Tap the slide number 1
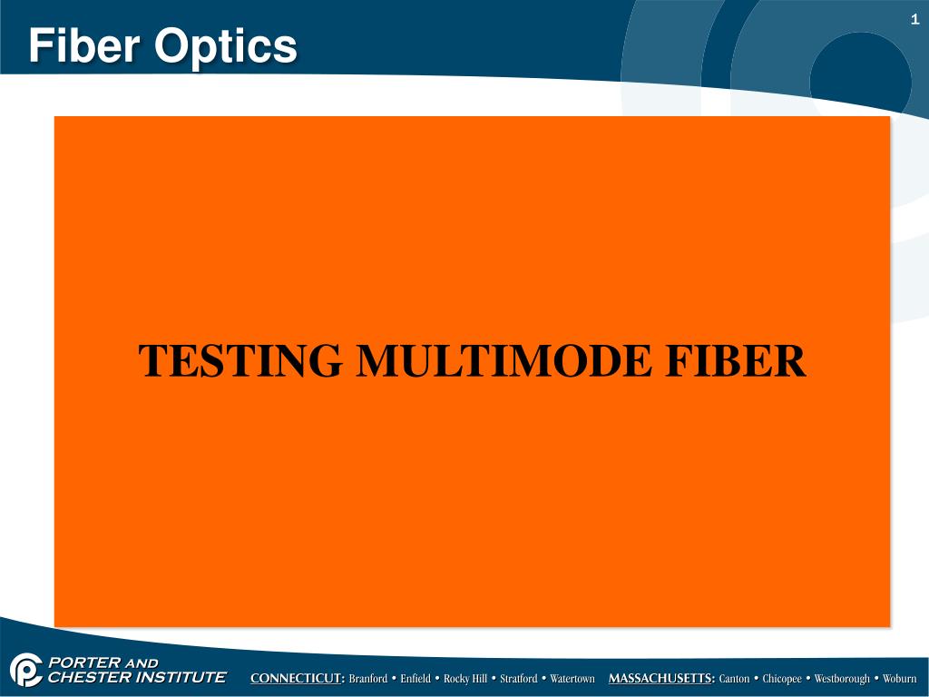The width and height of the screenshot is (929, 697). (x=915, y=20)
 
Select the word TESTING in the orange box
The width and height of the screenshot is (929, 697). (x=240, y=360)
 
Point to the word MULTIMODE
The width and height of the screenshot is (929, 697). (x=504, y=360)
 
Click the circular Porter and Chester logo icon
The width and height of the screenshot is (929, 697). (x=25, y=670)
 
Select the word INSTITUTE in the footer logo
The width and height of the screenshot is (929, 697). (x=176, y=677)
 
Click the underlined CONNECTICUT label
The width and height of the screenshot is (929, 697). (x=298, y=679)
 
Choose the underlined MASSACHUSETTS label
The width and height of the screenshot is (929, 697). (x=661, y=679)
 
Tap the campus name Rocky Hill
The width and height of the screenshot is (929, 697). (x=464, y=679)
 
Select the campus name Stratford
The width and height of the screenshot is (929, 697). (x=519, y=679)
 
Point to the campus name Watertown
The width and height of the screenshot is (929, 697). (x=572, y=679)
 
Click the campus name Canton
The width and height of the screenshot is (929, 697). (x=734, y=679)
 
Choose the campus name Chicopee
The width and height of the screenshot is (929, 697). (x=782, y=679)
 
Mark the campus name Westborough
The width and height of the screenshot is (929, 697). (x=842, y=679)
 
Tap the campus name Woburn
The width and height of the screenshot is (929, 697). (x=900, y=679)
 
